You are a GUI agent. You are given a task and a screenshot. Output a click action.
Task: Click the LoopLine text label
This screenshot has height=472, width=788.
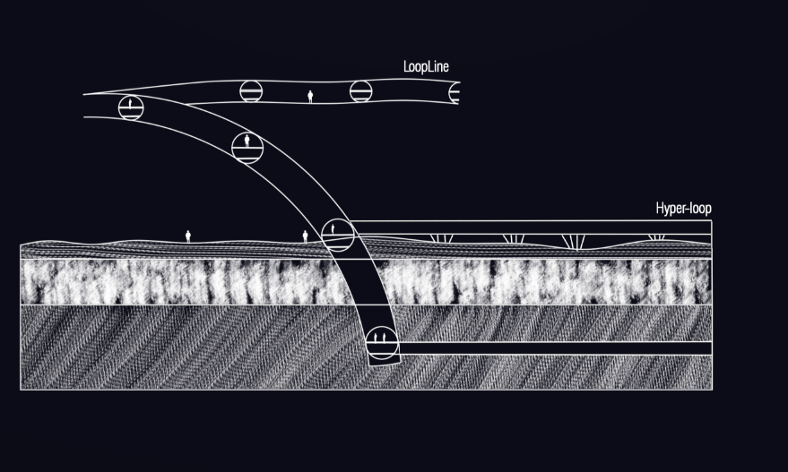click(428, 66)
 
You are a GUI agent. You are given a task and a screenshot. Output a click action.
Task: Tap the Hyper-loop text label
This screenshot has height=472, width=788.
click(684, 209)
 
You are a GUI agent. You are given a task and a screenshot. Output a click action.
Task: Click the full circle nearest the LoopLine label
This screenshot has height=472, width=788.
click(360, 90)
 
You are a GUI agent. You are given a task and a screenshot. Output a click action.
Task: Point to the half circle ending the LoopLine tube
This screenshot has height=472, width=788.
click(455, 92)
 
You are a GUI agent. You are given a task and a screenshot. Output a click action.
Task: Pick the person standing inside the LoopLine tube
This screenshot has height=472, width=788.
click(311, 96)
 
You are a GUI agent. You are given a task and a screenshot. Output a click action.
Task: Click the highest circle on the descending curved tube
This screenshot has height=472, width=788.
click(131, 107)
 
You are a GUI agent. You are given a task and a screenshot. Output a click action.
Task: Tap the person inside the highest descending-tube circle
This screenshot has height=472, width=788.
click(131, 106)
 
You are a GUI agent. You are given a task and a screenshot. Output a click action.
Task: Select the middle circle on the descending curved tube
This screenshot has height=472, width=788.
click(247, 146)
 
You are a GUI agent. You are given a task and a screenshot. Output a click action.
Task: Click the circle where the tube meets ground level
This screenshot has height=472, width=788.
click(337, 234)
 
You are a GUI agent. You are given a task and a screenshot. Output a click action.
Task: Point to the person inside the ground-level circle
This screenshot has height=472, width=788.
click(333, 229)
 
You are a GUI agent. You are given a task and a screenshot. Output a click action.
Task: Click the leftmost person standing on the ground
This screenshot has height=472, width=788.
click(188, 236)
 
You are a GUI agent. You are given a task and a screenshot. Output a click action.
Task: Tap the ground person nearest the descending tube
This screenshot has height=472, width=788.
click(305, 236)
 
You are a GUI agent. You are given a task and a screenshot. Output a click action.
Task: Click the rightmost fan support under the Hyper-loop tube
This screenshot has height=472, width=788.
click(657, 237)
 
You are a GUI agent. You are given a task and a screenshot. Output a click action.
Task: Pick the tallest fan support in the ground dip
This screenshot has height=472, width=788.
click(572, 242)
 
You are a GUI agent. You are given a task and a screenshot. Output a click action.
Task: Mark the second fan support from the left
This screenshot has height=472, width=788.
click(513, 238)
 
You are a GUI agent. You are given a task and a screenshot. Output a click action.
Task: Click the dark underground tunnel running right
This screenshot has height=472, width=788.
click(551, 348)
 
